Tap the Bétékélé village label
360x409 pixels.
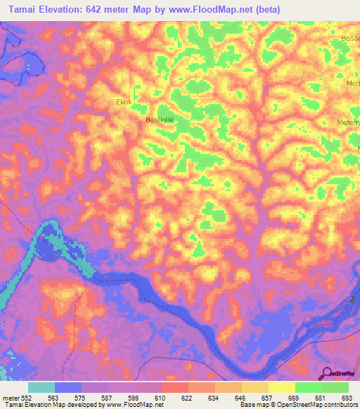159,120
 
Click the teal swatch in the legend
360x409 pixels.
41,387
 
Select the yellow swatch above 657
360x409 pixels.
255,387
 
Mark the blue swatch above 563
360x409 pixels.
68,387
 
